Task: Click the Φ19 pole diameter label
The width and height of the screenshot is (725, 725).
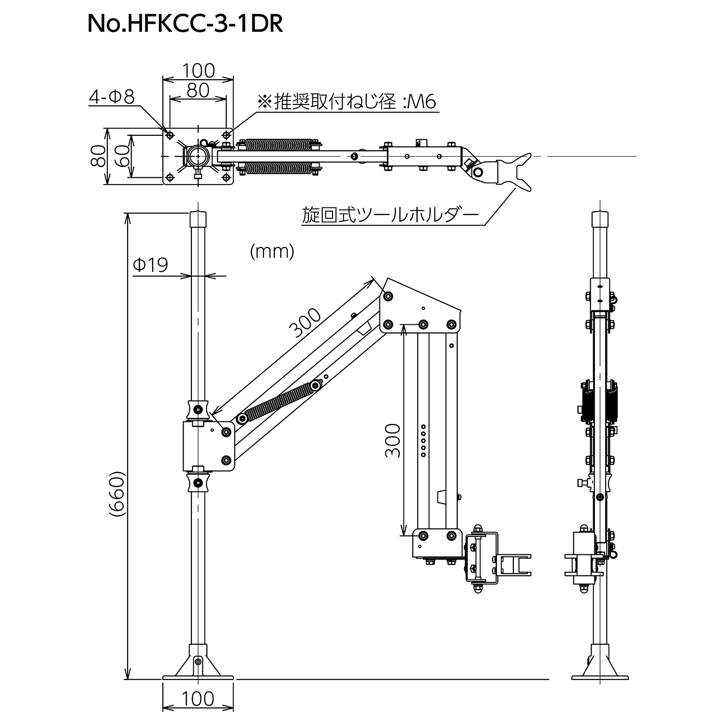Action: coord(150,264)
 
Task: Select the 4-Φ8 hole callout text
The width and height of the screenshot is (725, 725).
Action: coord(111,98)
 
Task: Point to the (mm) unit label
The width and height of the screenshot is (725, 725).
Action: coord(272,251)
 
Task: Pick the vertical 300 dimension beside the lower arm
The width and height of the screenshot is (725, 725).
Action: coord(393,440)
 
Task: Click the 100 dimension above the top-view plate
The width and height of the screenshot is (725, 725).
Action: coord(198,71)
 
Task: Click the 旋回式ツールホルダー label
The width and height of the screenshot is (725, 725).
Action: coord(390,214)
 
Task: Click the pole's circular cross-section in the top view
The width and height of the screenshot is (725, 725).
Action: coord(197,156)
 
